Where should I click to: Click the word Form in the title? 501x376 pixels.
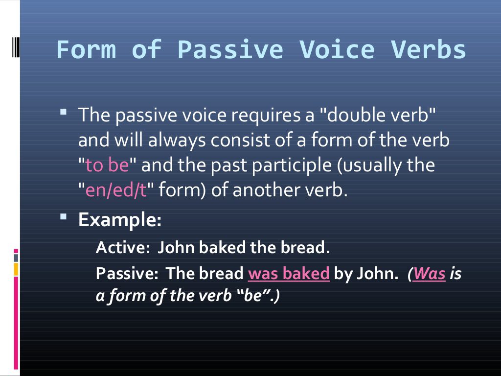86,50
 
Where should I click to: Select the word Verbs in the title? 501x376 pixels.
429,50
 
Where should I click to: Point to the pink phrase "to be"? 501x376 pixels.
107,165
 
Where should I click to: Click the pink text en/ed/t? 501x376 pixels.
116,190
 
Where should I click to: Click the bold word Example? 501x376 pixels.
120,220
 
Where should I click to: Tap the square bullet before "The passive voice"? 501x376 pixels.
64,112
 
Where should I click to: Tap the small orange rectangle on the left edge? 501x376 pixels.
16,269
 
